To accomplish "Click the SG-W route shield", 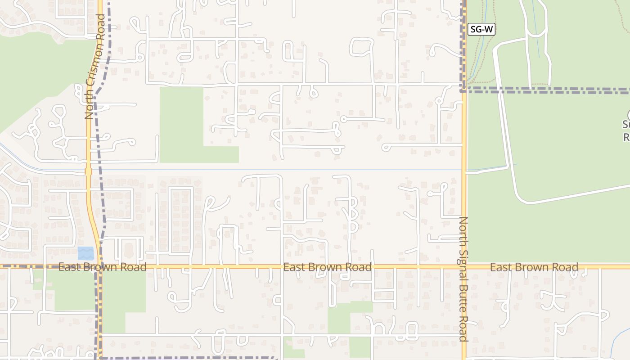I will [x=481, y=30].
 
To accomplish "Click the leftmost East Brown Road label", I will [x=103, y=267].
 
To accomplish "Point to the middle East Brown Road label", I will [x=327, y=267].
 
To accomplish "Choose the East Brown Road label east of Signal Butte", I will [x=534, y=267].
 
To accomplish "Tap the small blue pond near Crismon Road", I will [x=85, y=253].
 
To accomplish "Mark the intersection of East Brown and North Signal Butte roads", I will [x=464, y=266].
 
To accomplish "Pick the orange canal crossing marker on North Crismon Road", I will [x=88, y=171].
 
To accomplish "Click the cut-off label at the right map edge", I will [x=626, y=130].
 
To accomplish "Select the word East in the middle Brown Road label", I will [x=293, y=267].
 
